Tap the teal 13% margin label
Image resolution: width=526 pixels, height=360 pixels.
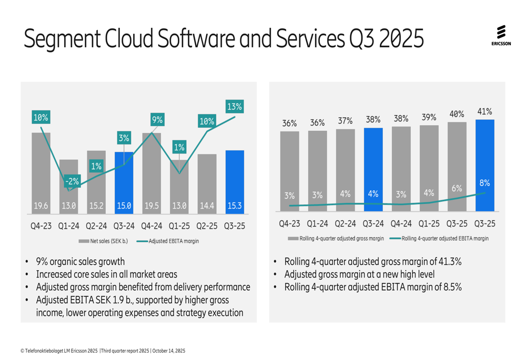coord(235,107)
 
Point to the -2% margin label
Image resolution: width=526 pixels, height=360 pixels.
coord(72,182)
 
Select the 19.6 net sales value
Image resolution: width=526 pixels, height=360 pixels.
coord(41,207)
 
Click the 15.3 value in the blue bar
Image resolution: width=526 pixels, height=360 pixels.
coord(235,207)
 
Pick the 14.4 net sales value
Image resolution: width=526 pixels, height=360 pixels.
coord(207,207)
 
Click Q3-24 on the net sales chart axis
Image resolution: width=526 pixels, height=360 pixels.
coord(124,226)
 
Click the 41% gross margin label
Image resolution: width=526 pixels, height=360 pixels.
coord(484,111)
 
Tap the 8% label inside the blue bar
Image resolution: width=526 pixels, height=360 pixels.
coord(484,183)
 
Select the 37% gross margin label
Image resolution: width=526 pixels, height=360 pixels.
coord(345,121)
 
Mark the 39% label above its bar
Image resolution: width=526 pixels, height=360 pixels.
coord(429,118)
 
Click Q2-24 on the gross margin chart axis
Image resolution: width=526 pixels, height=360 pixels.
coord(345,223)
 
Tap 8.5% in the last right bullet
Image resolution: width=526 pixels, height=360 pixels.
coord(452,287)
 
